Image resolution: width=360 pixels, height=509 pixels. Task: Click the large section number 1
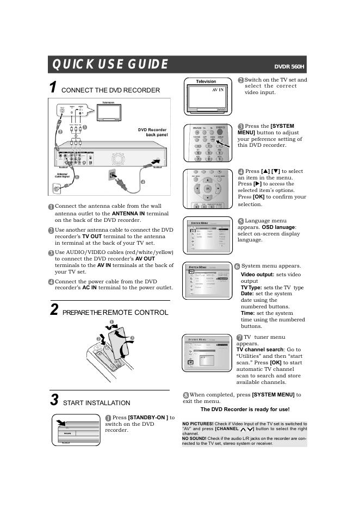(x=53, y=88)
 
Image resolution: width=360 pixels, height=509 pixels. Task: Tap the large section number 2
(x=54, y=310)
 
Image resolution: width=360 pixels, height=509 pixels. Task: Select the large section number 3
(x=54, y=400)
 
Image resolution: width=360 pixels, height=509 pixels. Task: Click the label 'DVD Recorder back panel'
(x=153, y=132)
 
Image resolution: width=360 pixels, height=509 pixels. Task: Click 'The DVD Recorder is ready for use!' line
(x=245, y=409)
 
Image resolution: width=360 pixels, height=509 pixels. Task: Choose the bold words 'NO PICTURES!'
(x=197, y=424)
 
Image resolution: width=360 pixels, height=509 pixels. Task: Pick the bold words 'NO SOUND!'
(x=195, y=438)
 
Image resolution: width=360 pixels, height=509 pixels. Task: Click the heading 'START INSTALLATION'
(x=97, y=403)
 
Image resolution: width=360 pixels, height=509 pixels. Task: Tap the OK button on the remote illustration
(x=207, y=189)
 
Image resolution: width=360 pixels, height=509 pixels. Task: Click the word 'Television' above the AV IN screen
(x=206, y=82)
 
